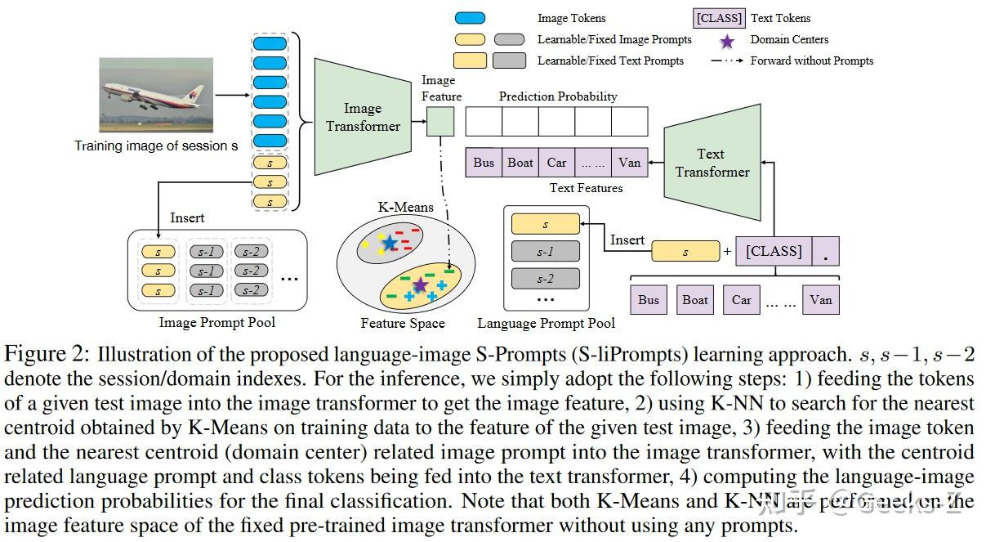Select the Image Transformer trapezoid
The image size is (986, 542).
pyautogui.click(x=363, y=117)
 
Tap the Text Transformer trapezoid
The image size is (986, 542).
pyautogui.click(x=712, y=163)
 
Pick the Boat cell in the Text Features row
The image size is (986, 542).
pyautogui.click(x=520, y=163)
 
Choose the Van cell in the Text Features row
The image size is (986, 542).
pyautogui.click(x=629, y=163)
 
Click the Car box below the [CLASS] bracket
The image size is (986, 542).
pyautogui.click(x=741, y=300)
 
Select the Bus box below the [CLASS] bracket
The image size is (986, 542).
pyautogui.click(x=649, y=300)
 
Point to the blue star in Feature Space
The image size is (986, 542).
pyautogui.click(x=390, y=243)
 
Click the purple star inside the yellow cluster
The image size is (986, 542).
pyautogui.click(x=420, y=284)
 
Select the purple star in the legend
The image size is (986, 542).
pyautogui.click(x=728, y=39)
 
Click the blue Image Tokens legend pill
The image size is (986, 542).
pyautogui.click(x=469, y=18)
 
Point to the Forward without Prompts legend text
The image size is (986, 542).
pyautogui.click(x=811, y=60)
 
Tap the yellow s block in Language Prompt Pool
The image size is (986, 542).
pyautogui.click(x=545, y=225)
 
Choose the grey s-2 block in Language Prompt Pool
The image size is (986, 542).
pyautogui.click(x=545, y=279)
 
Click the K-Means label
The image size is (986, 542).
pyautogui.click(x=405, y=208)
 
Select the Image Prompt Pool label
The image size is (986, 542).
pyautogui.click(x=217, y=322)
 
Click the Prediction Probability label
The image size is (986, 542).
pyautogui.click(x=558, y=96)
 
